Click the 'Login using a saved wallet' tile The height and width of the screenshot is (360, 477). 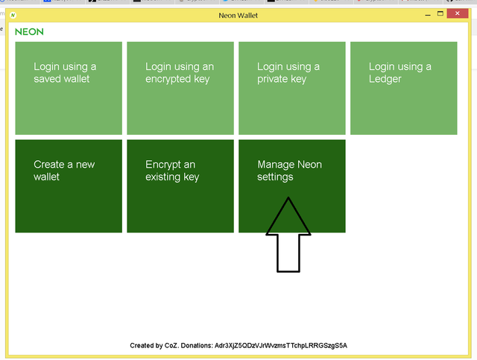click(69, 88)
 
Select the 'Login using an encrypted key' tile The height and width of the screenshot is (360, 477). click(180, 88)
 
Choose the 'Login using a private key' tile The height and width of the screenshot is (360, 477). click(292, 88)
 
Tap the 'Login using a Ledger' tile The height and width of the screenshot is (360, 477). click(404, 88)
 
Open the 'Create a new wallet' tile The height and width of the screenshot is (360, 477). click(69, 186)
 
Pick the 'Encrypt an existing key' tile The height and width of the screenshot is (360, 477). click(180, 186)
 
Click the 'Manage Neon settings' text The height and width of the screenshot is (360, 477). click(289, 171)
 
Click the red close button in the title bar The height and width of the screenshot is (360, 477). click(457, 13)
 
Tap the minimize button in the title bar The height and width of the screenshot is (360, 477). click(428, 15)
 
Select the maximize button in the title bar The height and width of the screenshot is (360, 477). click(440, 13)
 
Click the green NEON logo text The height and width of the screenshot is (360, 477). click(29, 31)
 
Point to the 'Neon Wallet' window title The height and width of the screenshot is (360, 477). click(238, 16)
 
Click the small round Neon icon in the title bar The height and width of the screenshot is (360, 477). click(13, 15)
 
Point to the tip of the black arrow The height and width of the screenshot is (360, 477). click(288, 198)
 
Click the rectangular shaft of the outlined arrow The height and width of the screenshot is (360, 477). click(288, 253)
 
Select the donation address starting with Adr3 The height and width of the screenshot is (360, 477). click(281, 346)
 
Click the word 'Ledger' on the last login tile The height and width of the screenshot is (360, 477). click(385, 79)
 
